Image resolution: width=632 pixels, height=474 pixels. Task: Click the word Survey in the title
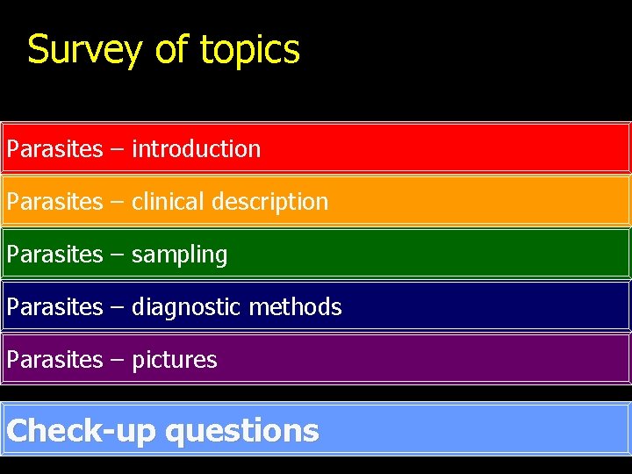tap(83, 50)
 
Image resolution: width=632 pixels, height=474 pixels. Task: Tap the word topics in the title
tap(250, 50)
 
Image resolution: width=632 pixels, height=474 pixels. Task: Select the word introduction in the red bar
tap(196, 149)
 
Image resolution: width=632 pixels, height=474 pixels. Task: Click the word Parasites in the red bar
tap(54, 149)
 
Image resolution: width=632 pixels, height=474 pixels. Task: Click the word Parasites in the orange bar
tap(54, 202)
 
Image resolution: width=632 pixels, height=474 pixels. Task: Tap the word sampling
tap(179, 255)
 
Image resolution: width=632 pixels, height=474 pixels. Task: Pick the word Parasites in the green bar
tap(54, 255)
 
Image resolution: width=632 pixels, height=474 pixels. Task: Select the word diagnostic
tap(186, 307)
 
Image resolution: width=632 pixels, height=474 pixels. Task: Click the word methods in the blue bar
tap(295, 307)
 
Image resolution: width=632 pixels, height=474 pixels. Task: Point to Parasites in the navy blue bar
tap(54, 307)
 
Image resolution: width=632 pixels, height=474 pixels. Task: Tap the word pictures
tap(174, 360)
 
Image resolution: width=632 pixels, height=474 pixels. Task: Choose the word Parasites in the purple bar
tap(54, 360)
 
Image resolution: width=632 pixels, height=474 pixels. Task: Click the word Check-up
tap(81, 431)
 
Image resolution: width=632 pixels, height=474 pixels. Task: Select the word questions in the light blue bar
tap(241, 431)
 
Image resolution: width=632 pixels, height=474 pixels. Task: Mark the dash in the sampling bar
tap(117, 255)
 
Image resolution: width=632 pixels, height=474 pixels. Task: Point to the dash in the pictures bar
tap(117, 361)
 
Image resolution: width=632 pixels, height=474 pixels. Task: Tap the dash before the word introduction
tap(117, 150)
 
